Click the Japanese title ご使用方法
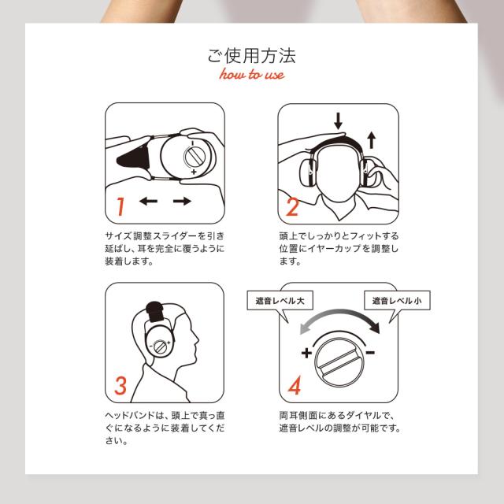[x=252, y=57]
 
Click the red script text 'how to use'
[x=252, y=76]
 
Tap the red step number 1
[x=120, y=207]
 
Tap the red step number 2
[x=292, y=207]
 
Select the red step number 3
[x=120, y=386]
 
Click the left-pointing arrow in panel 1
[x=147, y=202]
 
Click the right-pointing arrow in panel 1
[x=182, y=202]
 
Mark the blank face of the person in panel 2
[x=339, y=169]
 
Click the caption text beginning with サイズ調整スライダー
[x=165, y=249]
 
